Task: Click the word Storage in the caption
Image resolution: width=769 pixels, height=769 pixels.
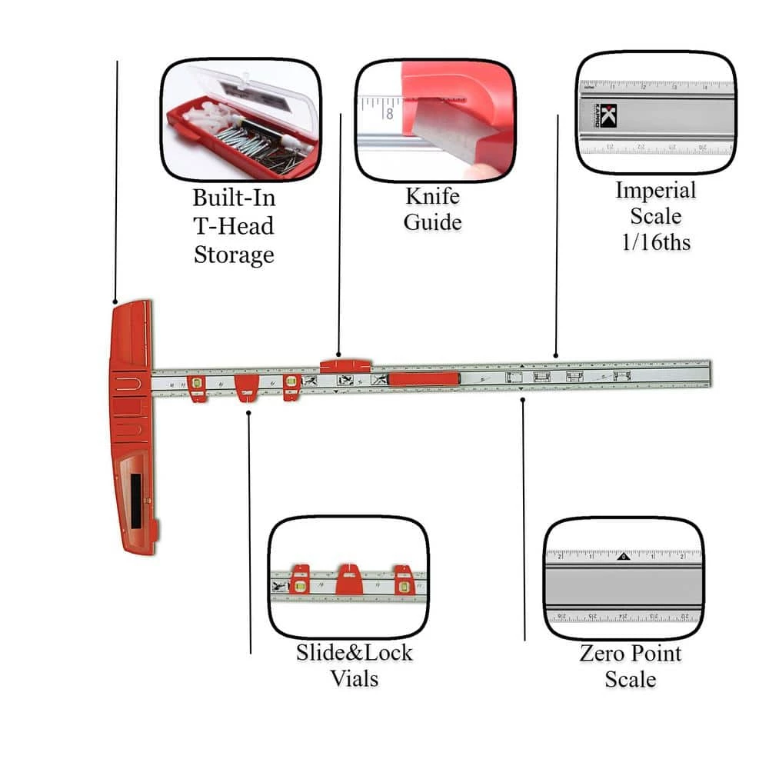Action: click(x=234, y=255)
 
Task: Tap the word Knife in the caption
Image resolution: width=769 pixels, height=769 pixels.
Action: click(x=433, y=197)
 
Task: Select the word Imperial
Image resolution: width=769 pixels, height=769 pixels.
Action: click(x=656, y=191)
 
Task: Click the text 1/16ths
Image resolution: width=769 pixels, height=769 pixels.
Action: click(x=656, y=242)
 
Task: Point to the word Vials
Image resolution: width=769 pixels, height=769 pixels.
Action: click(x=355, y=679)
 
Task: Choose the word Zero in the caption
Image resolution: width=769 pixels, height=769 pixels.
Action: click(x=604, y=654)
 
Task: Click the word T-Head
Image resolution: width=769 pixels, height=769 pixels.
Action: click(x=234, y=226)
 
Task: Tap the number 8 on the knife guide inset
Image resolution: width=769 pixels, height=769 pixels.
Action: click(x=390, y=114)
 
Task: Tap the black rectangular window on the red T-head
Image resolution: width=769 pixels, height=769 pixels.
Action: click(x=136, y=501)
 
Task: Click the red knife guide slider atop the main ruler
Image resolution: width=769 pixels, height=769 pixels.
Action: click(x=345, y=364)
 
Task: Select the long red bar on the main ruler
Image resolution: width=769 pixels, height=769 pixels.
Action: click(x=424, y=378)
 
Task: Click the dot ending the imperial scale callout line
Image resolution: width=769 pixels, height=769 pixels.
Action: click(x=556, y=357)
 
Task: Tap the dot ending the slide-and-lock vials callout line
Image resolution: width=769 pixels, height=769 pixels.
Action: click(x=249, y=414)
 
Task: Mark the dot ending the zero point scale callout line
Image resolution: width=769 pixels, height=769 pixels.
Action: click(x=523, y=399)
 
